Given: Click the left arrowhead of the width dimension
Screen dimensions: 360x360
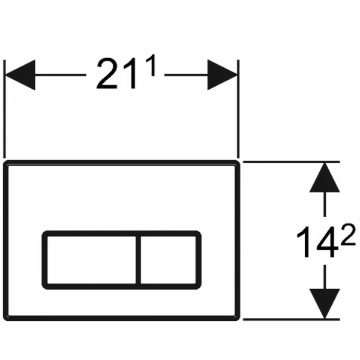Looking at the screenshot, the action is [x=20, y=75].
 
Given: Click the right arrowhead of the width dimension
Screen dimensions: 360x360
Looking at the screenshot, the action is [x=222, y=75].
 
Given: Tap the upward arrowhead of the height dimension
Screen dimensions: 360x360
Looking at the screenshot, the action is [x=325, y=177].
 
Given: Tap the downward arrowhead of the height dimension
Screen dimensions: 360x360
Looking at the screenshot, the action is [x=325, y=304].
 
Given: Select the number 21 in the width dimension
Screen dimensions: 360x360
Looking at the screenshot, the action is [x=116, y=73].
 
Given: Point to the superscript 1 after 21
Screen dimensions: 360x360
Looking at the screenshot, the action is [x=152, y=65].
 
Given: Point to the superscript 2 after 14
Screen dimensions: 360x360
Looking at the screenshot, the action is [x=348, y=234].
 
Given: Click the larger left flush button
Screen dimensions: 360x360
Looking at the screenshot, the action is [x=91, y=260].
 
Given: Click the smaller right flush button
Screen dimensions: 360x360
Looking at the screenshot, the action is [x=168, y=260].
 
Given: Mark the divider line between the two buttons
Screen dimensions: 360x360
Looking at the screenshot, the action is [x=138, y=260].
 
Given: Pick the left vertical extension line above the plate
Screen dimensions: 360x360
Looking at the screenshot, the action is [x=4, y=109].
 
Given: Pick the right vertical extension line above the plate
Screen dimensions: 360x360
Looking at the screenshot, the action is [x=238, y=109].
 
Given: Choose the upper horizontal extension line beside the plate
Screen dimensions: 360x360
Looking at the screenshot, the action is [x=292, y=162].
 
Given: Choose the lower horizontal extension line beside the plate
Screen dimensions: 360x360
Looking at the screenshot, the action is [x=292, y=319].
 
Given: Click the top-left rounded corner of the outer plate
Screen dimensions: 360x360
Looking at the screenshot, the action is [x=5, y=163].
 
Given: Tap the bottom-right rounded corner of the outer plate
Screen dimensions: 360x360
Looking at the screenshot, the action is [x=238, y=318].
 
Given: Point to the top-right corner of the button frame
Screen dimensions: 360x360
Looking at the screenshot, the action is [x=199, y=233].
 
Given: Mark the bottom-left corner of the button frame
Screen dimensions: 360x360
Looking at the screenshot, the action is [x=44, y=287].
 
